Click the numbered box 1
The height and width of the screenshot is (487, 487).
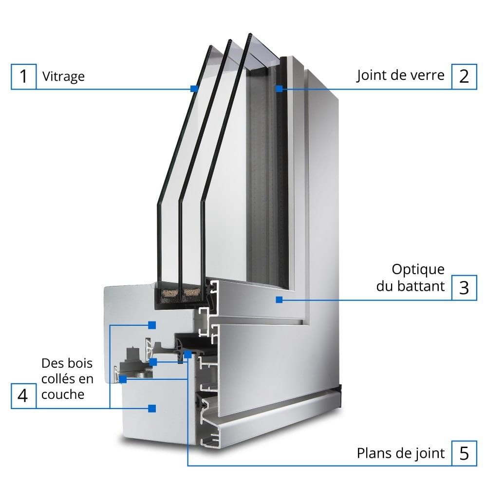23,77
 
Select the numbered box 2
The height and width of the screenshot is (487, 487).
464,76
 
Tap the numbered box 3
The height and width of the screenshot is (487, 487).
464,287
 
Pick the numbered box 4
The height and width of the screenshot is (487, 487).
23,395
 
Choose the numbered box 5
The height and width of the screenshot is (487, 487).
464,453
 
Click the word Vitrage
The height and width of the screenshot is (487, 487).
63,76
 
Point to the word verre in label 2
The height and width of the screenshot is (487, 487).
429,75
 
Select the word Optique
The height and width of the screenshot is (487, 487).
418,269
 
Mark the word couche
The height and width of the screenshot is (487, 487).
63,394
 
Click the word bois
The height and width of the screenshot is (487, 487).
80,363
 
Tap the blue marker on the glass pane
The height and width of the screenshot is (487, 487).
194,89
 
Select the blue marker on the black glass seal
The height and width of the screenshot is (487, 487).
279,89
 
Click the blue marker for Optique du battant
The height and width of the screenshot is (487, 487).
279,300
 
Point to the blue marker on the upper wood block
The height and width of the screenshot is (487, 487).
152,324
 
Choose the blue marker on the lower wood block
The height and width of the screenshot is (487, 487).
152,408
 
